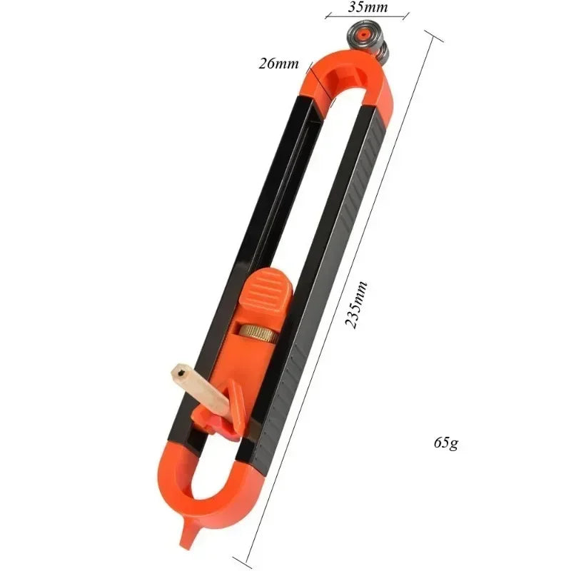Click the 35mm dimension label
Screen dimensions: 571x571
(368, 8)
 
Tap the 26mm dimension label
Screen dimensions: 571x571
(279, 64)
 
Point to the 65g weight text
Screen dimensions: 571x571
(445, 442)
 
